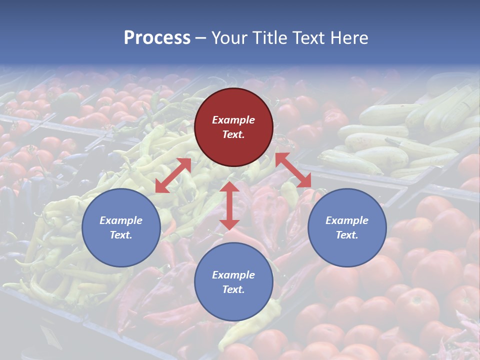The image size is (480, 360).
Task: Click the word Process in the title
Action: (x=157, y=37)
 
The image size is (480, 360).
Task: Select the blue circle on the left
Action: (x=121, y=227)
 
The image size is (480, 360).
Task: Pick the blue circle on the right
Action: (x=347, y=227)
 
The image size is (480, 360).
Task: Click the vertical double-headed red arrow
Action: (x=229, y=205)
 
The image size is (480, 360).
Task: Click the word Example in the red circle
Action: (x=233, y=120)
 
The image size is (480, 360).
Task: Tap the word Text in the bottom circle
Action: (x=232, y=289)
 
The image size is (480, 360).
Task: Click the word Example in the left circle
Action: (x=121, y=220)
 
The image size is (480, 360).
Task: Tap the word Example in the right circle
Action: (x=347, y=220)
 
